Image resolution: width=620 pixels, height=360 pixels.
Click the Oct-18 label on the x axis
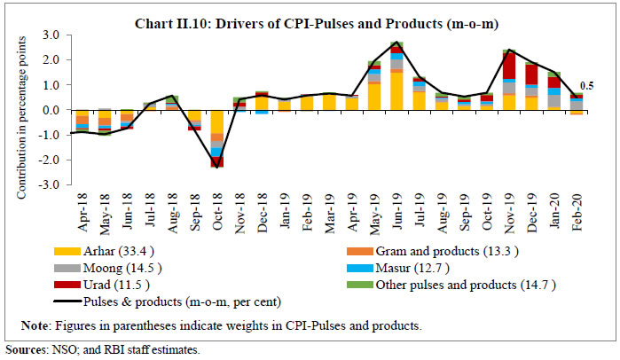pyautogui.click(x=217, y=212)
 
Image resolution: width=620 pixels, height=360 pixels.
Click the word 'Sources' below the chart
pyautogui.click(x=24, y=350)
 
